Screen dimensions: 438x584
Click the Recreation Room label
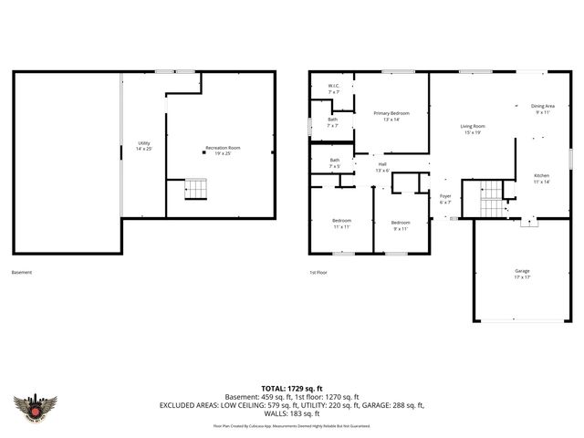pos(216,150)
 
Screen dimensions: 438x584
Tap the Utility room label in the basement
pos(144,145)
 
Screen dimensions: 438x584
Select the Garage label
pos(522,273)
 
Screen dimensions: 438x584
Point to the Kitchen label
pos(541,178)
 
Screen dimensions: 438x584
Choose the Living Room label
pos(472,129)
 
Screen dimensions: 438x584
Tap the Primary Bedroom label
pos(391,116)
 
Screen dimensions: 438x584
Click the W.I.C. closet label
pos(333,89)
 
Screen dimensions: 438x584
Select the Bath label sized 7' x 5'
pos(334,163)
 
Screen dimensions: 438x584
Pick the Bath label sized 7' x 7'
pos(333,122)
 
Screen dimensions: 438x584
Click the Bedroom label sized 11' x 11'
pos(341,224)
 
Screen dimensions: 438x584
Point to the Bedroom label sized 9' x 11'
pos(401,224)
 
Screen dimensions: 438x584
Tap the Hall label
pos(382,168)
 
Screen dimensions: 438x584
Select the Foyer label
pos(445,199)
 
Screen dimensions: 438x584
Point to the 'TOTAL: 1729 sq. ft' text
pos(292,388)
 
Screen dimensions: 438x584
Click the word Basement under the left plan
pos(21,272)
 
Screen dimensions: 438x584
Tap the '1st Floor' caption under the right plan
pos(318,272)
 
